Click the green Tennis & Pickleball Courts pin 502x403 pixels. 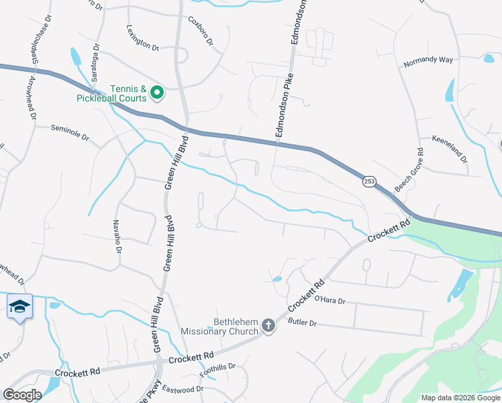157,92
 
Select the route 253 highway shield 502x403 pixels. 369,181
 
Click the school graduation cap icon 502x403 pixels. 19,306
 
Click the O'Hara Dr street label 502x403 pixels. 330,301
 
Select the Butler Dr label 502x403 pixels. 301,323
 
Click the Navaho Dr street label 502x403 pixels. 116,236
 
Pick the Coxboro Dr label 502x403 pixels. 200,31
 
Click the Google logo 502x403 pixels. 21,395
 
